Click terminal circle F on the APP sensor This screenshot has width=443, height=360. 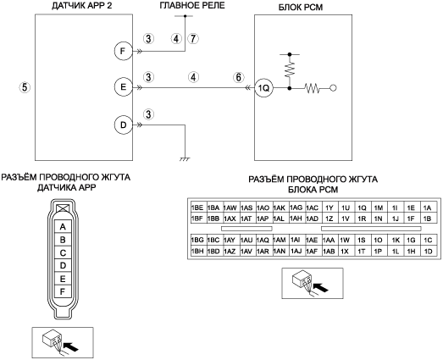[123, 51]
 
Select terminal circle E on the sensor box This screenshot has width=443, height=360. [123, 87]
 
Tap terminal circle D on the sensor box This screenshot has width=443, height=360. [123, 125]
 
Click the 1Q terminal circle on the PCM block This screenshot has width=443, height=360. [263, 88]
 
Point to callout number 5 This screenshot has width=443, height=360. [25, 87]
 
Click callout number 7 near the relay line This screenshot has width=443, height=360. [193, 38]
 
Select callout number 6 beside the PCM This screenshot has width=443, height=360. [239, 77]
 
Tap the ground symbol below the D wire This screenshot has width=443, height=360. [185, 159]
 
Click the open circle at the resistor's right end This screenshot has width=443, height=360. [333, 88]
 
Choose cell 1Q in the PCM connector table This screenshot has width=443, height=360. [363, 208]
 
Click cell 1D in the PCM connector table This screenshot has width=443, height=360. [429, 252]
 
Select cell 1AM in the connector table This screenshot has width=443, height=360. [280, 240]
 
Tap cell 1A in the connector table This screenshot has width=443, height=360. [429, 208]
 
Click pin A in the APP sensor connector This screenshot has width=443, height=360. [63, 227]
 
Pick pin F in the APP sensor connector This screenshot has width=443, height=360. [63, 291]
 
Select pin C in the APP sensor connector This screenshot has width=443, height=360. [63, 252]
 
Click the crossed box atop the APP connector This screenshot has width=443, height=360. [63, 208]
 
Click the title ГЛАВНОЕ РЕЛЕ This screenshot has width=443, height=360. [192, 5]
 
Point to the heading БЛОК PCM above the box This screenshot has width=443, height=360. [301, 7]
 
